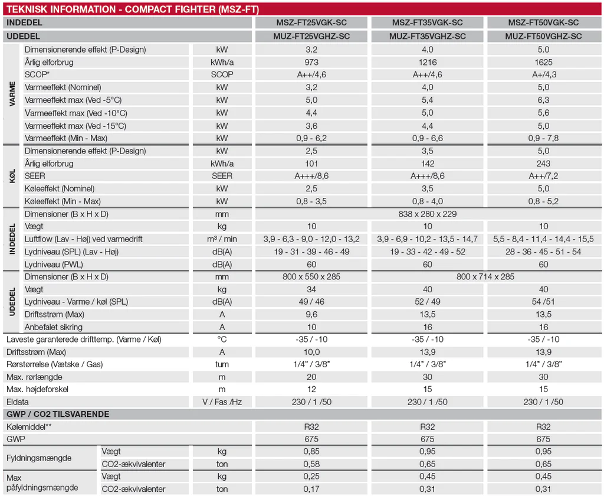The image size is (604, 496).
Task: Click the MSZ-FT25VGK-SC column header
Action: [311, 23]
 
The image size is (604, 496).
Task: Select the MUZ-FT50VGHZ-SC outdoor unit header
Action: [543, 36]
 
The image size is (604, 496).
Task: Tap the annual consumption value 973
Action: [311, 62]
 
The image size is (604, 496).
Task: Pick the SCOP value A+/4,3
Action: [543, 74]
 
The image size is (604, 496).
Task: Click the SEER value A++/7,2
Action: [543, 176]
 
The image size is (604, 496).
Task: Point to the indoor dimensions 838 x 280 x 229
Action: [428, 214]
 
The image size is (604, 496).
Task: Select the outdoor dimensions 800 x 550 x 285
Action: [311, 276]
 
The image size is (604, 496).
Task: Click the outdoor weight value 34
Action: [311, 289]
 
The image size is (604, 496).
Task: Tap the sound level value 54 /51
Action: [543, 302]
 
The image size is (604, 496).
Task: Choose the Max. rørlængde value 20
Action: [311, 377]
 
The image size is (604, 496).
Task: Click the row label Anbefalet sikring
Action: [54, 327]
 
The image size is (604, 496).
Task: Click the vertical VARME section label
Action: [12, 93]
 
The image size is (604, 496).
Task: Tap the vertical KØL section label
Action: [12, 176]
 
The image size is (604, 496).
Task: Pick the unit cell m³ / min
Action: [222, 239]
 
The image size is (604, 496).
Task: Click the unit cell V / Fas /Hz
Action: [222, 402]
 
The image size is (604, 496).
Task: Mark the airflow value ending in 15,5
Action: [543, 239]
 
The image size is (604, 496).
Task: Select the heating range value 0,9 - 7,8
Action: [543, 138]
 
